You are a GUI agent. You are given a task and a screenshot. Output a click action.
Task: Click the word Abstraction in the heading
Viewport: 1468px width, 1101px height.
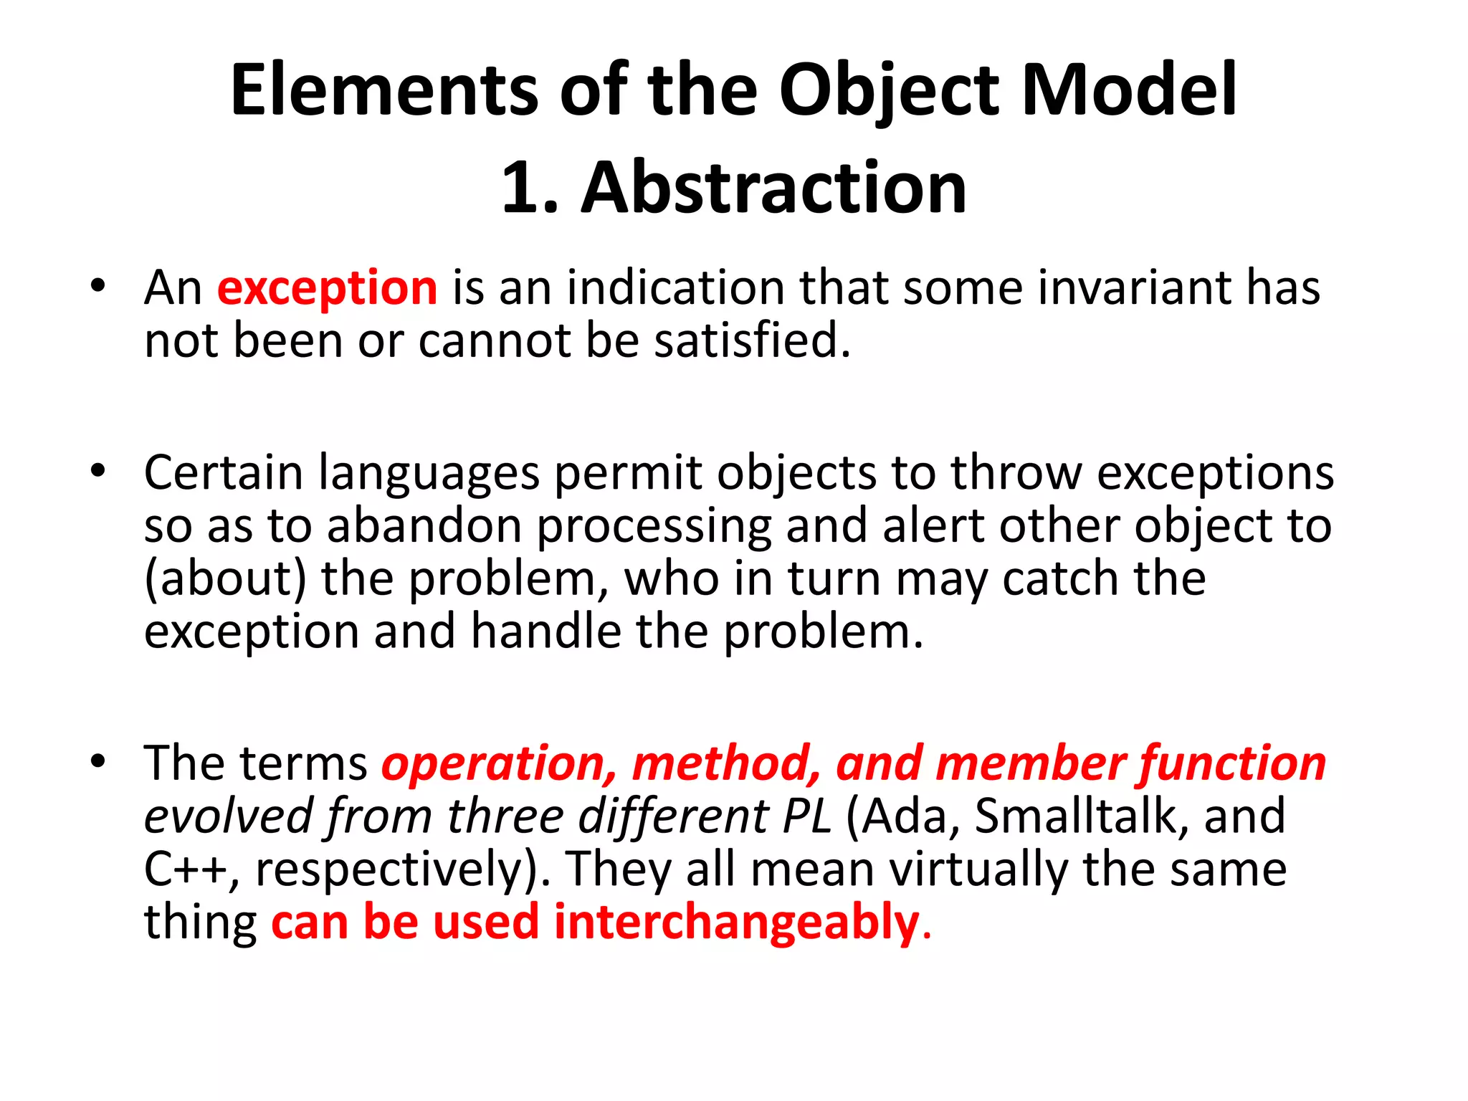click(774, 188)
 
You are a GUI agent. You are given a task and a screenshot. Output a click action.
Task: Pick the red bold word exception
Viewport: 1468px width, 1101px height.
click(327, 288)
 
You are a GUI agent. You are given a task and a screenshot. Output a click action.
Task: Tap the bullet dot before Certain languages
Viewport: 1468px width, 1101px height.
click(98, 471)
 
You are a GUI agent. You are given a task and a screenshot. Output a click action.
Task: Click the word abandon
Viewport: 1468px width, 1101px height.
click(424, 527)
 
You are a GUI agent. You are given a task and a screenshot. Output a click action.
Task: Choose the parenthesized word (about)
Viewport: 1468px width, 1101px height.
click(225, 579)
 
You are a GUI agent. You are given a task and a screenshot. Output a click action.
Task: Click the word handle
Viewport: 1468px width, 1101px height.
click(545, 632)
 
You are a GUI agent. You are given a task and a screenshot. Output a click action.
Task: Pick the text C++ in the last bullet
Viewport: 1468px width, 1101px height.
click(186, 869)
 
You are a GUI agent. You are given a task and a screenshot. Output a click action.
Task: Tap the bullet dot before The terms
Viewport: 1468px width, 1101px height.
click(98, 761)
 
